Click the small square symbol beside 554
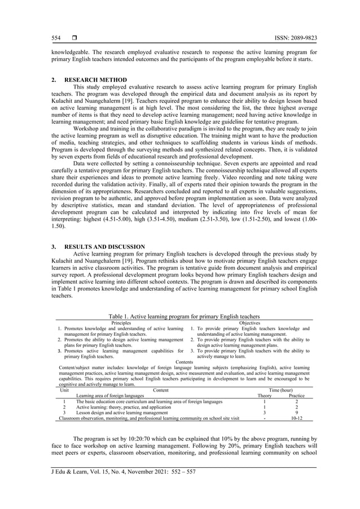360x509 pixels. [x=73, y=38]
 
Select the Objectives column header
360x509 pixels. [x=250, y=323]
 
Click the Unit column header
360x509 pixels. [x=65, y=390]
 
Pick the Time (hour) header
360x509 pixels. [x=280, y=390]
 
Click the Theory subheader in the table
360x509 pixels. [x=264, y=396]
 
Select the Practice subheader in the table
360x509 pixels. [x=297, y=396]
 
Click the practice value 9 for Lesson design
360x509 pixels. [x=297, y=413]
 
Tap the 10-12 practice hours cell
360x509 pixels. [x=297, y=418]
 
